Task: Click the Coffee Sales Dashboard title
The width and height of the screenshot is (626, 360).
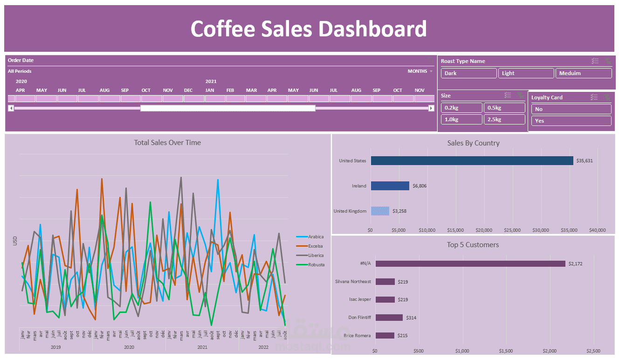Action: [x=309, y=29]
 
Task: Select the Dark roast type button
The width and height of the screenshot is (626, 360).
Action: [x=468, y=73]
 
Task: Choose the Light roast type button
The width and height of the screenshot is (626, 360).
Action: [x=526, y=73]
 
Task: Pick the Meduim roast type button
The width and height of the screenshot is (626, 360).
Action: [x=584, y=73]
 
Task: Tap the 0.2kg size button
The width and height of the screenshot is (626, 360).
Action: [x=461, y=108]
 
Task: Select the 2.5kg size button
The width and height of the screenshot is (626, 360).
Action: [x=504, y=119]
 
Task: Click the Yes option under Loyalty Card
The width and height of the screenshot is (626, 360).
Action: [x=571, y=121]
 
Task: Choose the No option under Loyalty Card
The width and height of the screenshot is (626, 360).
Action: [x=571, y=109]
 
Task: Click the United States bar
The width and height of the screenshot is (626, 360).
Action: [x=472, y=160]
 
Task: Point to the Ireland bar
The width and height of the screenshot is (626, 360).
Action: [x=390, y=186]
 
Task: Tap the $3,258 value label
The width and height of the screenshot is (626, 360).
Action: [x=399, y=211]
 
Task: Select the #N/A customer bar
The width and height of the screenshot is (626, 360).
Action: [x=470, y=263]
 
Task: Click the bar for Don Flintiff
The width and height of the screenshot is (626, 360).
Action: [x=389, y=318]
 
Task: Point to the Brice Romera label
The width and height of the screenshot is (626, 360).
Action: [x=357, y=336]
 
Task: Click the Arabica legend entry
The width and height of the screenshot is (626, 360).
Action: [x=315, y=237]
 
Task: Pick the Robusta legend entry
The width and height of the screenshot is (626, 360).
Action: [x=316, y=265]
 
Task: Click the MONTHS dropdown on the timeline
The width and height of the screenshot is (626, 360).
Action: [x=420, y=71]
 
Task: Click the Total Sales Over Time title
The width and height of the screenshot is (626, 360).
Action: [x=167, y=143]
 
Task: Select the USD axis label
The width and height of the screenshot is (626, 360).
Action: [x=15, y=241]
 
